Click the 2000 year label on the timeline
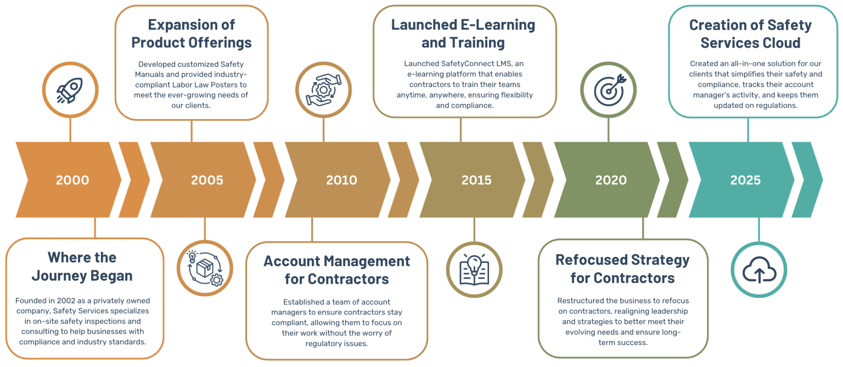(72, 180)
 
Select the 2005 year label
(207, 180)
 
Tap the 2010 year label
(341, 180)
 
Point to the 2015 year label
(476, 180)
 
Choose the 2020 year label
(611, 180)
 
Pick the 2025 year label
(745, 180)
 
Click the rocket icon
(70, 90)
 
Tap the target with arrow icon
(608, 90)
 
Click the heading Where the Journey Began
(82, 266)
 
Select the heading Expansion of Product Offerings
(192, 33)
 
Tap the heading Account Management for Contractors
(336, 269)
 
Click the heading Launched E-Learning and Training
(463, 33)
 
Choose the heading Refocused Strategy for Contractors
(622, 268)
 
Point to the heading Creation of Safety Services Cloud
(750, 33)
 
